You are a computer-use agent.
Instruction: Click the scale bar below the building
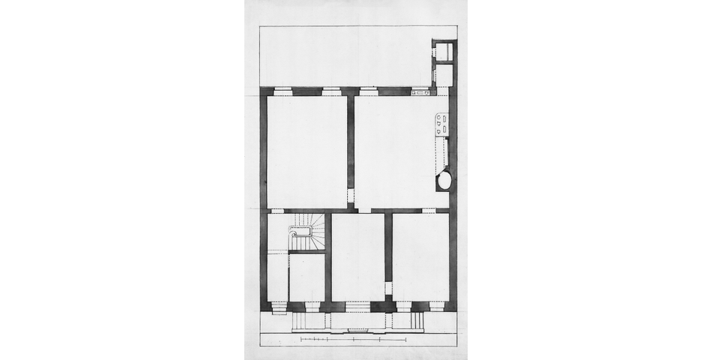(x=353, y=340)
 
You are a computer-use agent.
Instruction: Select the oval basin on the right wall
(x=444, y=180)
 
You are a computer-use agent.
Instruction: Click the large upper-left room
(x=307, y=150)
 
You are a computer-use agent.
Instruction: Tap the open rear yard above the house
(x=345, y=57)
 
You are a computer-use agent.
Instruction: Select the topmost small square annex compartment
(x=444, y=52)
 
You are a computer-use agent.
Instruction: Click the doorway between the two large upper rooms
(x=351, y=196)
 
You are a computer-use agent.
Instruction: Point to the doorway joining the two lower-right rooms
(x=388, y=289)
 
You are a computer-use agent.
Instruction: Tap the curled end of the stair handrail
(x=292, y=239)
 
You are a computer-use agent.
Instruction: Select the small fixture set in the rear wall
(x=420, y=92)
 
